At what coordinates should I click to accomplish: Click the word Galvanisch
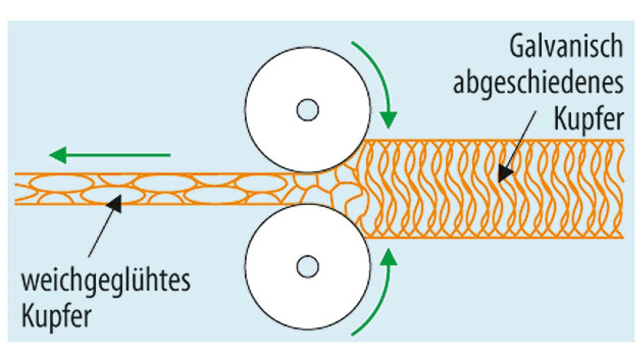pyautogui.click(x=566, y=48)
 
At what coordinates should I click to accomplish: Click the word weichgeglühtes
pyautogui.click(x=105, y=282)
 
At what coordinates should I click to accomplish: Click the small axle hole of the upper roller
pyautogui.click(x=308, y=110)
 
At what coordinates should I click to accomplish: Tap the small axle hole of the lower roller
pyautogui.click(x=308, y=267)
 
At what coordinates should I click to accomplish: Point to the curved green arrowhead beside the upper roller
pyautogui.click(x=387, y=120)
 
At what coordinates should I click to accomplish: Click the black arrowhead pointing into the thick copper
pyautogui.click(x=505, y=173)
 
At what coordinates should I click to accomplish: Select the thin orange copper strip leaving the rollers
pyautogui.click(x=150, y=189)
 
